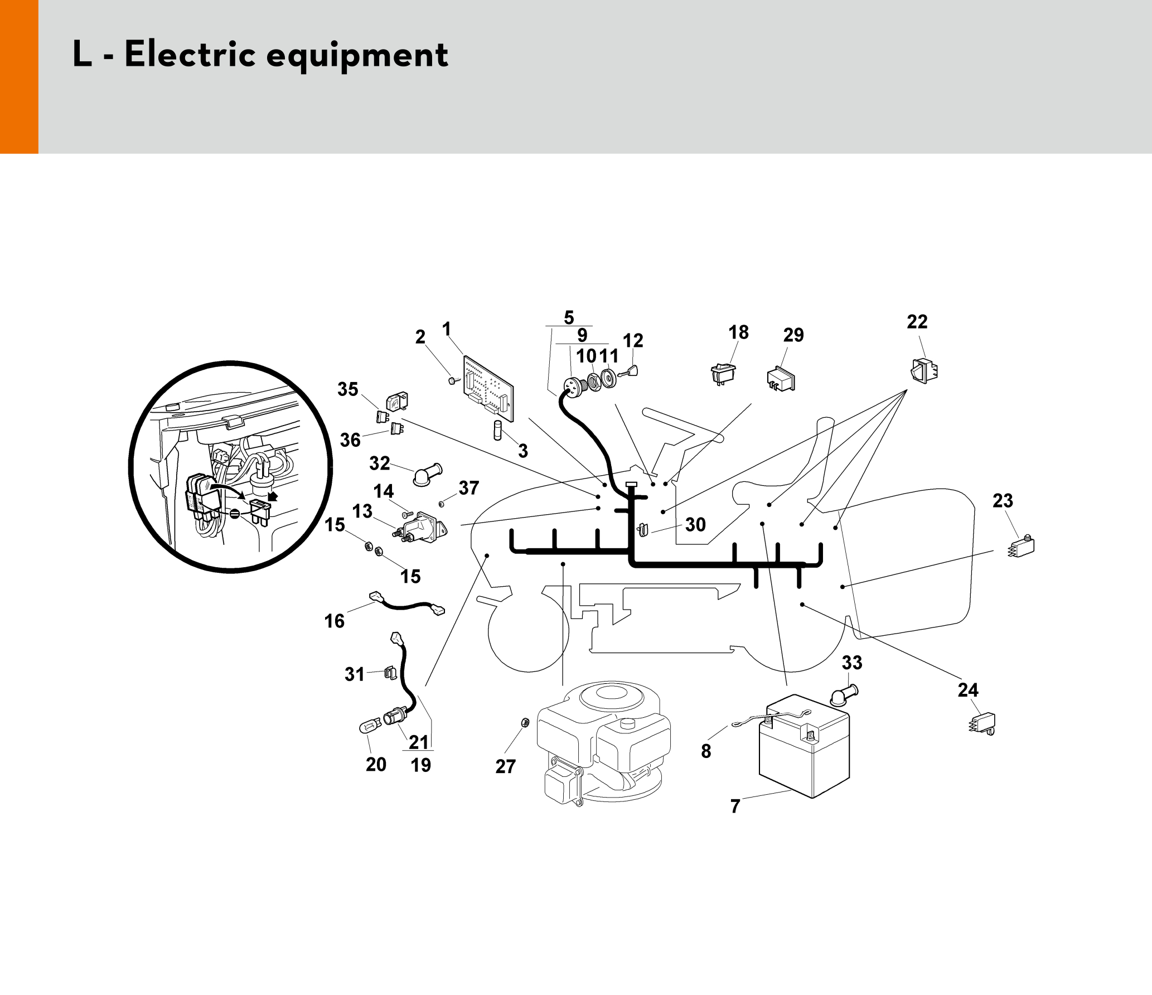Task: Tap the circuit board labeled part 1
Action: point(488,388)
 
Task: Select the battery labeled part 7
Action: point(804,746)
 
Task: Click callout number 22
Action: point(917,322)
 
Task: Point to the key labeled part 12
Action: point(628,372)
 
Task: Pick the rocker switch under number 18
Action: point(723,374)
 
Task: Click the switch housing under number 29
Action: point(781,379)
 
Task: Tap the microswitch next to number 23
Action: point(1022,545)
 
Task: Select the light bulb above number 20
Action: point(370,726)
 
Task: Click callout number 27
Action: point(506,766)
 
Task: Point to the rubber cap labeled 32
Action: point(427,475)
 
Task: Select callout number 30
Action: point(695,524)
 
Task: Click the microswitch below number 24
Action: point(982,723)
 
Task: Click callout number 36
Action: point(350,440)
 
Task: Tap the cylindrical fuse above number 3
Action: point(498,431)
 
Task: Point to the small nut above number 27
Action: point(524,723)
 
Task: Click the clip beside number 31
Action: point(391,673)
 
